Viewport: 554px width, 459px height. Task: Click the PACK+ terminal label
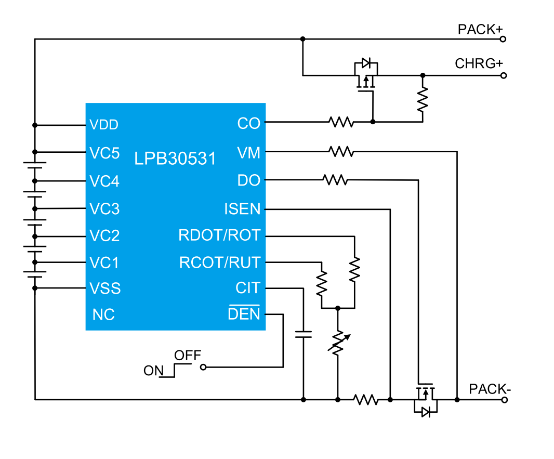pos(480,29)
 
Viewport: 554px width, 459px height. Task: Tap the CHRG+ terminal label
pos(479,63)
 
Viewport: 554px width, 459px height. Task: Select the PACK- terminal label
pos(490,389)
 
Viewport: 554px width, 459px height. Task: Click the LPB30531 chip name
pos(175,159)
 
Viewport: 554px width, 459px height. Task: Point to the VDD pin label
pos(104,125)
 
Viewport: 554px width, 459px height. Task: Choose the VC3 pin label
pos(104,209)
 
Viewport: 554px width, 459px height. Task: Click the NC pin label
pos(103,314)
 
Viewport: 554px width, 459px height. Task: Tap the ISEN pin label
pos(242,209)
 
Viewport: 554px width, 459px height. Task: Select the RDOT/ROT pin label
pos(219,235)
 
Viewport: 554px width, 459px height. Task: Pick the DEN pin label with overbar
pos(244,313)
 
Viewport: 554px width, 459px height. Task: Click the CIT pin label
pos(248,288)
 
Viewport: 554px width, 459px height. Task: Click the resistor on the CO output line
pos(341,122)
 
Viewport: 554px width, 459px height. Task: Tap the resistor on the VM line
pos(341,151)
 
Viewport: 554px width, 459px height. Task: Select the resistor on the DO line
pos(335,180)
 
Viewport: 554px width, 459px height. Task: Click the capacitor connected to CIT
pos(303,334)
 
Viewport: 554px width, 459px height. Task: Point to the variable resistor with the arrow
pos(338,343)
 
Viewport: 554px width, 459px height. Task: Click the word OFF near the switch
pos(188,356)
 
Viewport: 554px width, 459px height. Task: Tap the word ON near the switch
pos(154,371)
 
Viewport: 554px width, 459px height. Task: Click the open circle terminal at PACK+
pos(503,39)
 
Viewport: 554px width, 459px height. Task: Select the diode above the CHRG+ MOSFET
pos(366,63)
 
